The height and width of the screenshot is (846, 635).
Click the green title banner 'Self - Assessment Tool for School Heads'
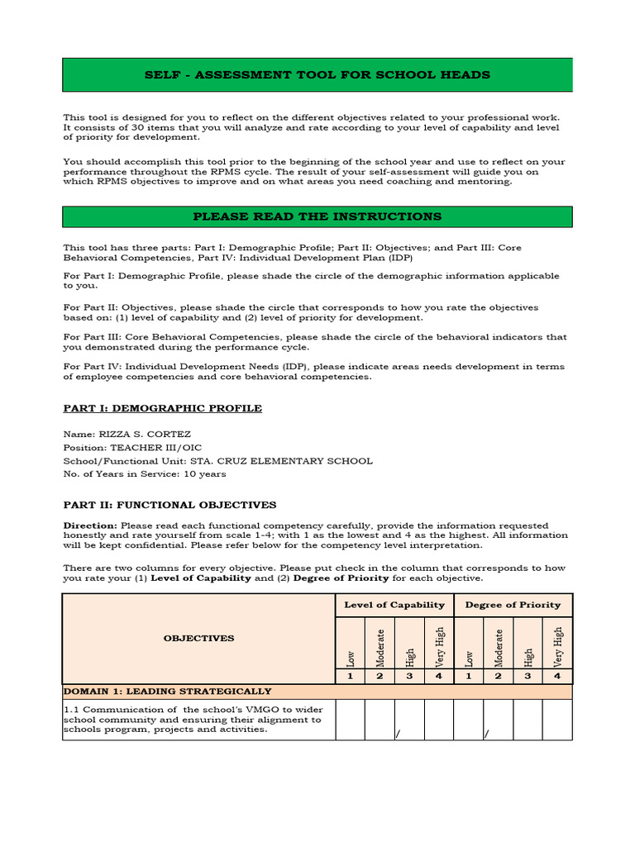(317, 75)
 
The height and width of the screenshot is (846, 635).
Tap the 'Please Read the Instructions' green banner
(317, 216)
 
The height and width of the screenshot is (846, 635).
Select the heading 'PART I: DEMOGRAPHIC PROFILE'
(163, 408)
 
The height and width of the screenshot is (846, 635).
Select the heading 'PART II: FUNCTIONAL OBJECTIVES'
(170, 505)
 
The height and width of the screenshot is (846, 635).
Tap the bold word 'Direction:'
(91, 525)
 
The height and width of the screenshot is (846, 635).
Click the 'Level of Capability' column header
(394, 605)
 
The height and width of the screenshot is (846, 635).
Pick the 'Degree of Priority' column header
(513, 605)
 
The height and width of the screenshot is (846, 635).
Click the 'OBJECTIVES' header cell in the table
(198, 638)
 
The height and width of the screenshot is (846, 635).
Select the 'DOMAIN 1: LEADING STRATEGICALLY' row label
(168, 691)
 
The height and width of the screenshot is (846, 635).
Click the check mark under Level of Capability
(398, 733)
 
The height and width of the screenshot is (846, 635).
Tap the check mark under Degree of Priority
(486, 733)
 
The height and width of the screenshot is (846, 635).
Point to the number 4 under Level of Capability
(439, 676)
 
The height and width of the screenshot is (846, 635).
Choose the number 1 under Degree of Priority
(469, 676)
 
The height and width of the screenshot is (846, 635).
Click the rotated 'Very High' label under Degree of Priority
(557, 646)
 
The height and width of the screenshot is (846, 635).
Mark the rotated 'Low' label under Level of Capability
(351, 658)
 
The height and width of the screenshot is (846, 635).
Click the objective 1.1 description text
(192, 719)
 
